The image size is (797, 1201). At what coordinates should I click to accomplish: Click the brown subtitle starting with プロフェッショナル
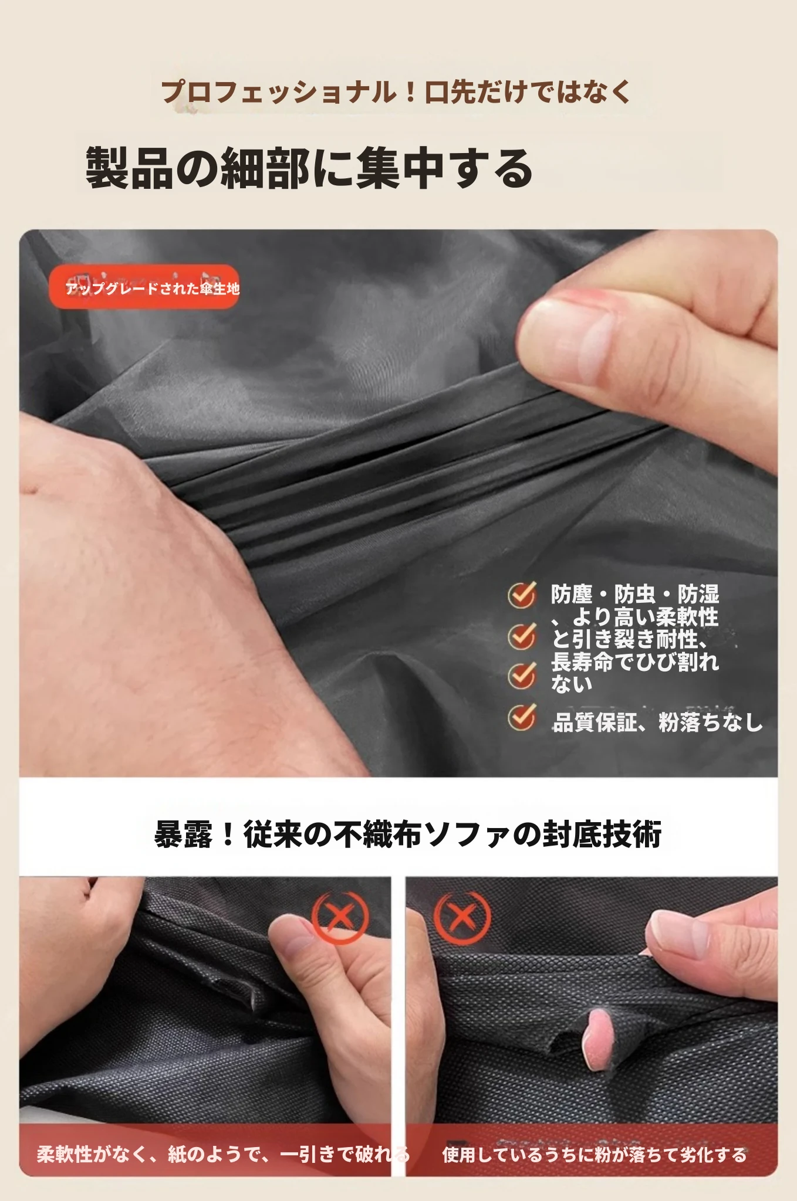(397, 93)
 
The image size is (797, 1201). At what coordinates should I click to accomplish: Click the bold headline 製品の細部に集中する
(309, 169)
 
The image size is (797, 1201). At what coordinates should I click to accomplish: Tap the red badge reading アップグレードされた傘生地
(144, 287)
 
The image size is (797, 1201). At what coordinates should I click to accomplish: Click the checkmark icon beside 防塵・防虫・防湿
(522, 595)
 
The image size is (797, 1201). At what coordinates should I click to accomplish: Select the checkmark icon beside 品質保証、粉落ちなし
(522, 717)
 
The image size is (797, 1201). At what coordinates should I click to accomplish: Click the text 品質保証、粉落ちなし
(657, 722)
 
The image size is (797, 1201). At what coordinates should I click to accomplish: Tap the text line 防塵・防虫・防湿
(635, 594)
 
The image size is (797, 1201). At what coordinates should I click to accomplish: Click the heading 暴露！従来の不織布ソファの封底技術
(408, 834)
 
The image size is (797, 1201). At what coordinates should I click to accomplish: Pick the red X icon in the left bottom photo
(340, 917)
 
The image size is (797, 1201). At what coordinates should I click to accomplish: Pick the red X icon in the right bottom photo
(462, 917)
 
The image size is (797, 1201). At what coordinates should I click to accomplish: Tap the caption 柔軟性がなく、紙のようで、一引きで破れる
(223, 1154)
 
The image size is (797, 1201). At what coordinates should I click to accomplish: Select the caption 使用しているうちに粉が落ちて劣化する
(595, 1154)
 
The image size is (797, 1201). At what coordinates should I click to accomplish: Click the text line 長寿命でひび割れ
(635, 661)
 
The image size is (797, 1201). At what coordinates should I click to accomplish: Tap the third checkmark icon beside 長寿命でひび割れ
(522, 676)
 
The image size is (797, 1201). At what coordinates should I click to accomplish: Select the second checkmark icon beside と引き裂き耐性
(522, 636)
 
